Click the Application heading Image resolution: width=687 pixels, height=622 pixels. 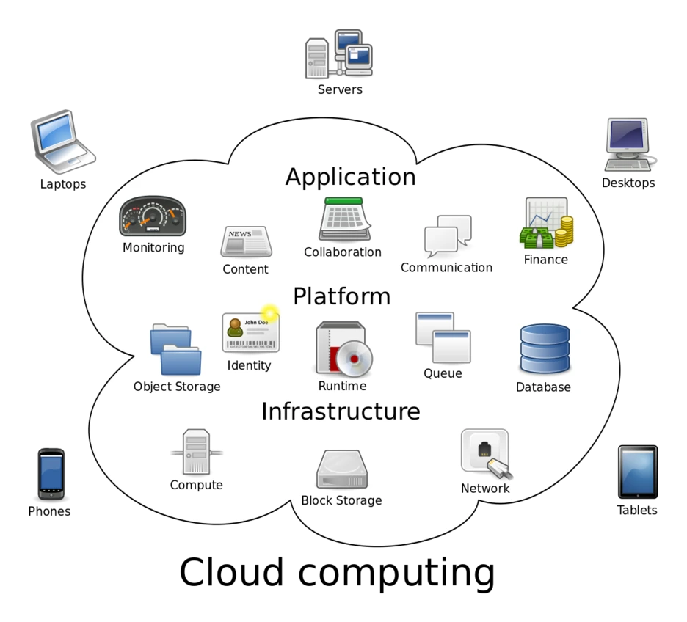click(350, 178)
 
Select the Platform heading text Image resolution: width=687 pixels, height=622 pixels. click(341, 296)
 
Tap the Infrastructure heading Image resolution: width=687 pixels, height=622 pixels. click(341, 411)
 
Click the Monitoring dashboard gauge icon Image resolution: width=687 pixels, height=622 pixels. click(153, 216)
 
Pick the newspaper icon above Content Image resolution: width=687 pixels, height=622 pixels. click(246, 241)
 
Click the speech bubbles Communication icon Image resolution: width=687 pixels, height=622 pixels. click(447, 235)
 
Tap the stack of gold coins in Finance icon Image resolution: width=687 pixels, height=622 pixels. click(563, 232)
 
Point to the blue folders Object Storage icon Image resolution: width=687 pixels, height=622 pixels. click(175, 349)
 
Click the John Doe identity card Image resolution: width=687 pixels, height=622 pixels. click(250, 332)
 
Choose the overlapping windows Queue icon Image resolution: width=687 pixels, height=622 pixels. click(443, 337)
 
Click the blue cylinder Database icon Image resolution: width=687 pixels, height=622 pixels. click(544, 348)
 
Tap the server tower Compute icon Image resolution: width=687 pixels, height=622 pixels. click(196, 453)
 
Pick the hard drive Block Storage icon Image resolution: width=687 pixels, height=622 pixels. click(341, 469)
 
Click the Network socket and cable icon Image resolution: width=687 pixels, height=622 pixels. click(485, 453)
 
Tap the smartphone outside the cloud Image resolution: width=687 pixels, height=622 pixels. click(51, 474)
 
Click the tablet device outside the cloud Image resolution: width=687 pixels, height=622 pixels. click(636, 472)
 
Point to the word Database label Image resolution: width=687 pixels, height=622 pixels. click(542, 387)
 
